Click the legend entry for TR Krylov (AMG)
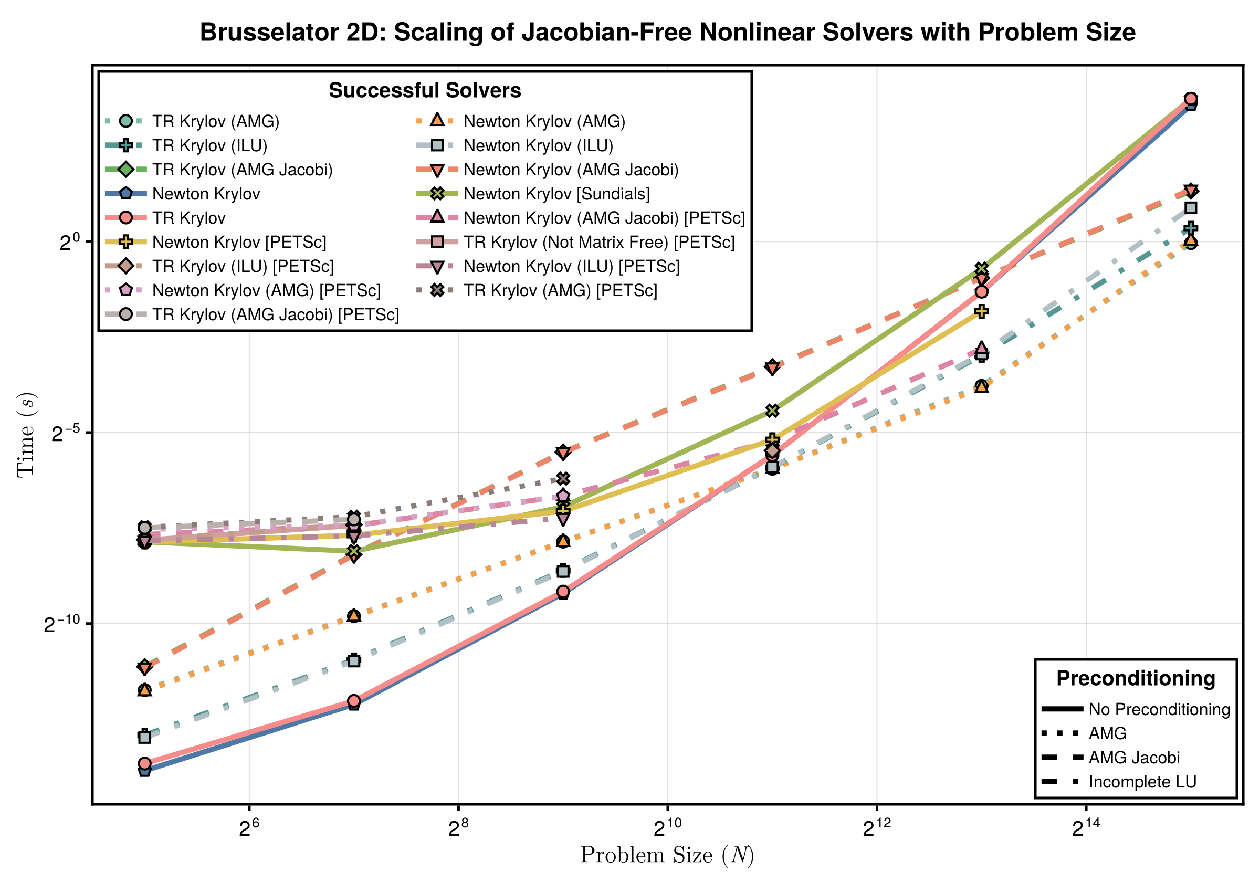pos(216,121)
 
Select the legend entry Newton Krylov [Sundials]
pos(556,194)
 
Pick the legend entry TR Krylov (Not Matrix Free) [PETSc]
pos(598,242)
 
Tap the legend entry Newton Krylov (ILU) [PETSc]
pos(571,266)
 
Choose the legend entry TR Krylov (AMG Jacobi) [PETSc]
pos(276,314)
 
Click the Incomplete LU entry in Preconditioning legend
pos(1142,782)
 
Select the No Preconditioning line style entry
pos(1159,709)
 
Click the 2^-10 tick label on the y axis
pos(61,625)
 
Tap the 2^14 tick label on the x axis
pos(1086,829)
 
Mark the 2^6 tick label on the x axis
pos(249,829)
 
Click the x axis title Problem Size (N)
pos(667,855)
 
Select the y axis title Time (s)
pos(26,435)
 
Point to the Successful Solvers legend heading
pos(425,90)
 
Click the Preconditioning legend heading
pos(1136,678)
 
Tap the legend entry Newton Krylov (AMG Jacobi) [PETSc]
pos(604,218)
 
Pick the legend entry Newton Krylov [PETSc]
pos(239,242)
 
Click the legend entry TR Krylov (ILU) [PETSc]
pos(243,266)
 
